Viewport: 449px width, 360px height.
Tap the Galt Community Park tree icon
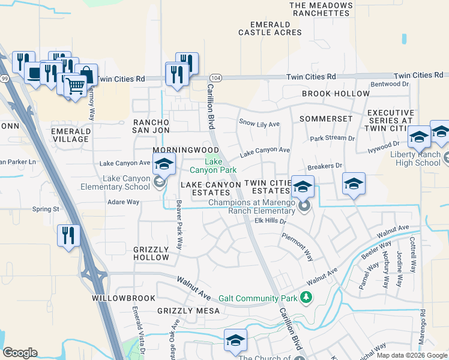coord(306,298)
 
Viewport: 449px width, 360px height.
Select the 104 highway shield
coord(216,78)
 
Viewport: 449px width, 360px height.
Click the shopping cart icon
coord(75,86)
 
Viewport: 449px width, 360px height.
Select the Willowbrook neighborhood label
coord(119,298)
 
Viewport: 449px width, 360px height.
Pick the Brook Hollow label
coord(336,94)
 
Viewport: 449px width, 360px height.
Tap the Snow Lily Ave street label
coord(259,124)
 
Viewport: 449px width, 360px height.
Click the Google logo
coord(20,353)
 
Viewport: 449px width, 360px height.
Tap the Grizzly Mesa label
coord(180,311)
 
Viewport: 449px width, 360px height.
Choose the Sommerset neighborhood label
coord(328,119)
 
